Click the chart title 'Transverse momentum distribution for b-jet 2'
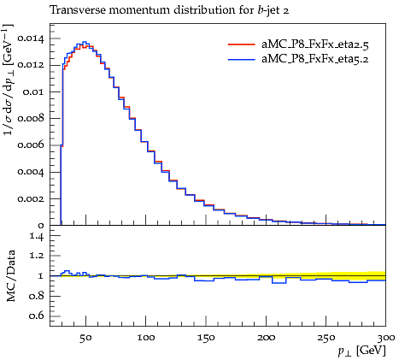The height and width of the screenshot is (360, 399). [x=169, y=10]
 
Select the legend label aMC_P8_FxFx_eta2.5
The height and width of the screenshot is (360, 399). [x=315, y=44]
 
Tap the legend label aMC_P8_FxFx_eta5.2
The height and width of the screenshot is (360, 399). [x=315, y=59]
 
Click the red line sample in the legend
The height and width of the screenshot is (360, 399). [x=241, y=44]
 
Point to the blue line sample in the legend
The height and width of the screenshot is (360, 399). [x=241, y=59]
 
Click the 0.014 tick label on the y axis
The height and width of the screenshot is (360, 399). [x=31, y=38]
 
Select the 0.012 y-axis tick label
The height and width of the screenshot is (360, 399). [x=31, y=65]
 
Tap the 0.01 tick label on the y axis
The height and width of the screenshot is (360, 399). [x=33, y=91]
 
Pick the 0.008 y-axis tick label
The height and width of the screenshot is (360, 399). [x=31, y=118]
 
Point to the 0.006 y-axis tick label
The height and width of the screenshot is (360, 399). [x=31, y=145]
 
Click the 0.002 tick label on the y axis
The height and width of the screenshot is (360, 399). [x=31, y=198]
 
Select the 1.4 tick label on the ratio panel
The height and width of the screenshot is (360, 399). [x=37, y=236]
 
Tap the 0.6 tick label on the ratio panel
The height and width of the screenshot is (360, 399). [x=37, y=316]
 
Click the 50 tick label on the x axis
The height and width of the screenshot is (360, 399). [x=85, y=338]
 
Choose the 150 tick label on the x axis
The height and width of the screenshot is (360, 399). [x=206, y=338]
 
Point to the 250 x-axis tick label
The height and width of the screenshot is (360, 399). [x=326, y=338]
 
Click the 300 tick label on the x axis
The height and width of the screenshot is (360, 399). [x=385, y=338]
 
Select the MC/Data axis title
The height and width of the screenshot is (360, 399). [x=11, y=275]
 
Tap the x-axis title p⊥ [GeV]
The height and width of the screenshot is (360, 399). [x=361, y=351]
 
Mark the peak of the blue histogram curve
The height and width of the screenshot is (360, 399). [x=85, y=42]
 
